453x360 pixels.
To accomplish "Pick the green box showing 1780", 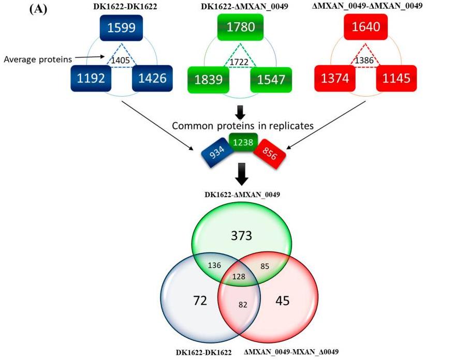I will pos(241,26).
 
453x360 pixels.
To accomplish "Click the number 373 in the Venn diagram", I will pos(241,236).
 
